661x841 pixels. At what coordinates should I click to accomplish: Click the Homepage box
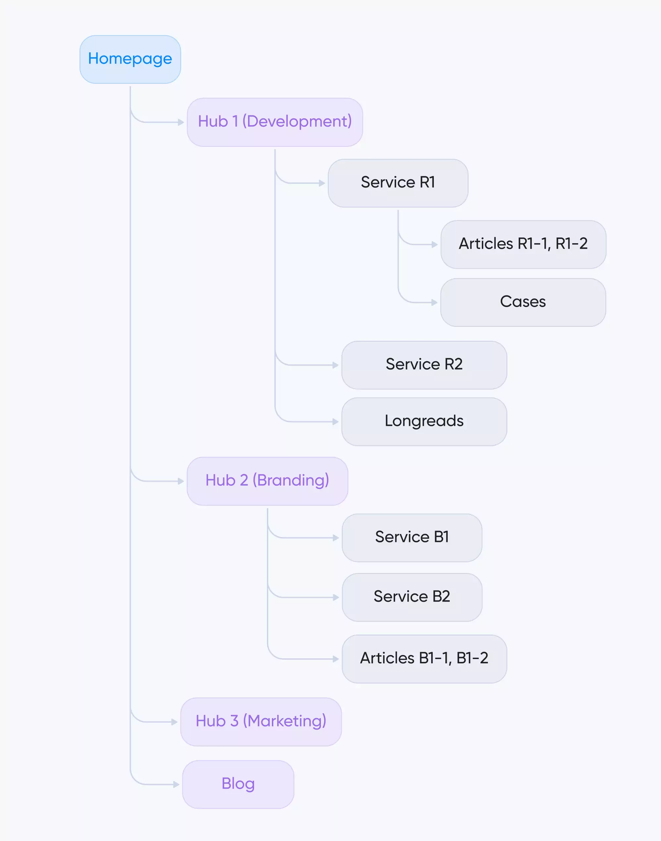pyautogui.click(x=130, y=59)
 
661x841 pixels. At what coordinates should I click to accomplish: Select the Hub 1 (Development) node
pyautogui.click(x=275, y=122)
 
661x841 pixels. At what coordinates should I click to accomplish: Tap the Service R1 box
pyautogui.click(x=398, y=183)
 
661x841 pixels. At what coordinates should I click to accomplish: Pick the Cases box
pyautogui.click(x=523, y=302)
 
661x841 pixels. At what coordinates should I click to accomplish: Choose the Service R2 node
pyautogui.click(x=424, y=365)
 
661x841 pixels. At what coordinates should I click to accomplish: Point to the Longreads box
pyautogui.click(x=424, y=421)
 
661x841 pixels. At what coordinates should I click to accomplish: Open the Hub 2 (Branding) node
pyautogui.click(x=267, y=481)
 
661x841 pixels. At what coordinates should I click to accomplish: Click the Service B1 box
pyautogui.click(x=412, y=538)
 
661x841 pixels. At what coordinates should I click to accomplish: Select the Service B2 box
pyautogui.click(x=412, y=597)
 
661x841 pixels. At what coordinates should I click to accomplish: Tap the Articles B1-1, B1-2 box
pyautogui.click(x=424, y=658)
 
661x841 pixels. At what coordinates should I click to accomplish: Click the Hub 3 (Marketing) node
pyautogui.click(x=261, y=722)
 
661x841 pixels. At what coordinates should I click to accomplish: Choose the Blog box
pyautogui.click(x=238, y=784)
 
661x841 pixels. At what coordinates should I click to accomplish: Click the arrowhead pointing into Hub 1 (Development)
pyautogui.click(x=181, y=122)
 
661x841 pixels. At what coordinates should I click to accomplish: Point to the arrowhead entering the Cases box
pyautogui.click(x=434, y=302)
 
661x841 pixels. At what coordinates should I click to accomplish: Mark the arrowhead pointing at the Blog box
pyautogui.click(x=176, y=784)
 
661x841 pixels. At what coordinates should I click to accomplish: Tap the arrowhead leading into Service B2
pyautogui.click(x=335, y=598)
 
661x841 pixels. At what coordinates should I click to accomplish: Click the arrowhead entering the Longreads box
pyautogui.click(x=335, y=421)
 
